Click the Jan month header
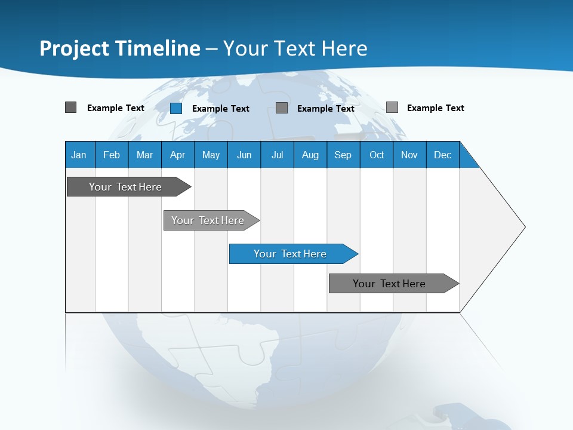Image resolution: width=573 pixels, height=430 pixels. point(79,155)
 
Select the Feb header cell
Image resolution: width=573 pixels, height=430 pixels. point(112,155)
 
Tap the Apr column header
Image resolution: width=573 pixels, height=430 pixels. point(177,155)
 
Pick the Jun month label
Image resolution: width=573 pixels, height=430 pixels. point(244,155)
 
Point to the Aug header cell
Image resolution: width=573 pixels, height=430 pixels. point(310,155)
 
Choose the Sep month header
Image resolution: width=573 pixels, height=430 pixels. point(343,155)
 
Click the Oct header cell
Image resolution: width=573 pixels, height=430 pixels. point(377,155)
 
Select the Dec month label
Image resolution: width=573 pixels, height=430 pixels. point(442,155)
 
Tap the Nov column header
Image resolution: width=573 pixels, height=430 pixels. point(409,155)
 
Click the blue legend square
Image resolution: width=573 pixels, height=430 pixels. point(176,108)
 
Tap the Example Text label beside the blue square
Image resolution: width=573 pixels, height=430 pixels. point(221,109)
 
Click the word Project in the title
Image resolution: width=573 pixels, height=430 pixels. point(75,48)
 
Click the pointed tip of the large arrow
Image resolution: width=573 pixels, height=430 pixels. point(523,227)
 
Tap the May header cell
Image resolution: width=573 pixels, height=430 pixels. point(211,155)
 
